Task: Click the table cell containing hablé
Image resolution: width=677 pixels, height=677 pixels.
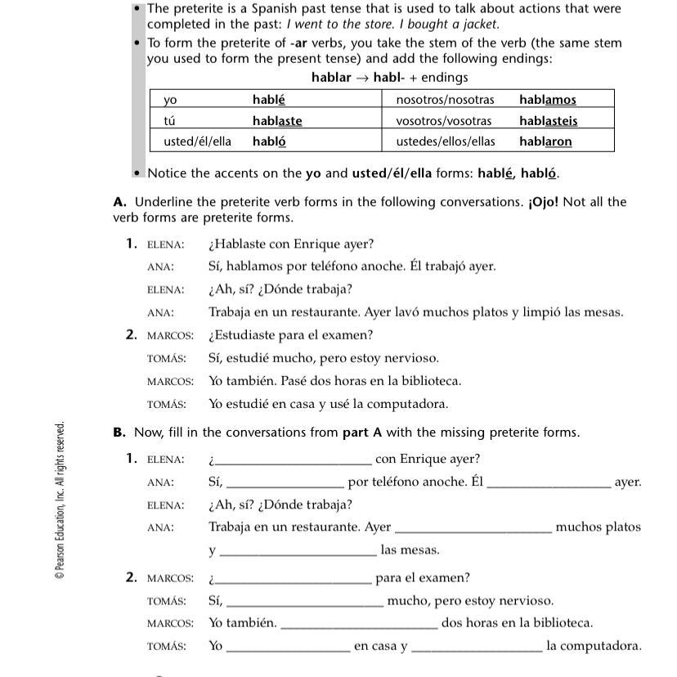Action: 269,100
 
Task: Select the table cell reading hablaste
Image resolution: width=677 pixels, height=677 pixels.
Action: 277,121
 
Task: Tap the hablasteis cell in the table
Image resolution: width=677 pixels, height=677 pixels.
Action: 548,121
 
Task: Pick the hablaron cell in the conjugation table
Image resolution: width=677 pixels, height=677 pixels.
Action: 545,141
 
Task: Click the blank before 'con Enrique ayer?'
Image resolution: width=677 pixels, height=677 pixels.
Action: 293,460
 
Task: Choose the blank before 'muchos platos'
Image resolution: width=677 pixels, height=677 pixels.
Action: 473,528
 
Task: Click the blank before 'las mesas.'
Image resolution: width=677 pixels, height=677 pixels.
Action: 298,551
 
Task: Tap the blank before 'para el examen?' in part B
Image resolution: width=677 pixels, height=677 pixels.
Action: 293,579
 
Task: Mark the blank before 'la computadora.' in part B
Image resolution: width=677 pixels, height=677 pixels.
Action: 477,647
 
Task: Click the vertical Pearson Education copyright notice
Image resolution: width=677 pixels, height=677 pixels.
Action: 60,500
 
